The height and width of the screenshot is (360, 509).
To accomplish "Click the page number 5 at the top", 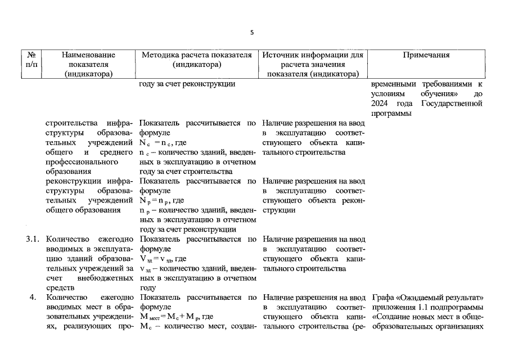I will click(252, 33).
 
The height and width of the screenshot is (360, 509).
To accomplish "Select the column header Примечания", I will click(426, 55).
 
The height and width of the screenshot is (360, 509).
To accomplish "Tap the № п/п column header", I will click(31, 60).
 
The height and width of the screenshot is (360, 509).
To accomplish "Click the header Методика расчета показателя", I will click(196, 55).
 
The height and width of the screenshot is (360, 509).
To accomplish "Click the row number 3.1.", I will click(33, 240).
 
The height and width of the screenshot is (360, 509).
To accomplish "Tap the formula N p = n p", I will click(152, 200).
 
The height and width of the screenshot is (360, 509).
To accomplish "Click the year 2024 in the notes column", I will click(382, 104).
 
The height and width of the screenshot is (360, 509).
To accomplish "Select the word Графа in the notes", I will click(384, 297).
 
